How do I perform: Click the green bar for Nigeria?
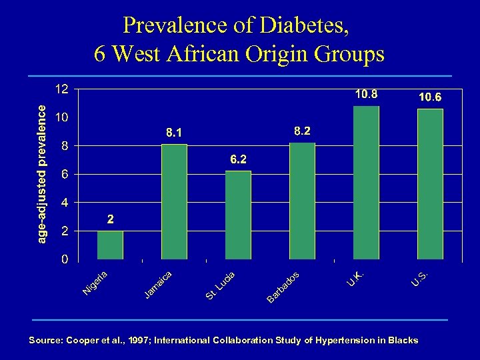[110, 245]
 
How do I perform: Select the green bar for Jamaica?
[174, 201]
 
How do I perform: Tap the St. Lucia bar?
[238, 215]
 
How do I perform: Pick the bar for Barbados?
[302, 201]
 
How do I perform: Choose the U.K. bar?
[366, 182]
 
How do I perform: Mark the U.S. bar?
[430, 183]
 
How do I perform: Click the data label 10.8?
[366, 95]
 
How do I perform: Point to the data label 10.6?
[430, 97]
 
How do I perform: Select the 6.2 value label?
[238, 160]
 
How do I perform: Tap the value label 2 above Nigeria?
[111, 219]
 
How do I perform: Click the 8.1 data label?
[174, 133]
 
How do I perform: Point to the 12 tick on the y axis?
[61, 89]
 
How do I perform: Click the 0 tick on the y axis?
[64, 259]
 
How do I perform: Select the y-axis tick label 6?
[64, 174]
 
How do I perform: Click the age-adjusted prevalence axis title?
[41, 173]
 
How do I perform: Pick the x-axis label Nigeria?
[95, 282]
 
